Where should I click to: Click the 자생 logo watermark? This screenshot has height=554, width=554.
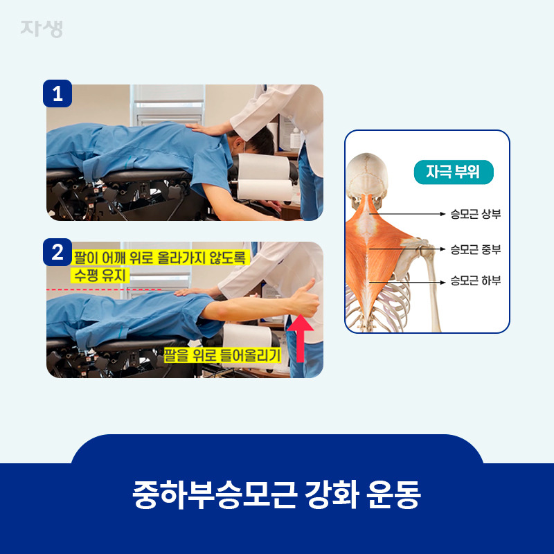[42, 28]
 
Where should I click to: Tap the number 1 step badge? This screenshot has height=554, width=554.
[57, 93]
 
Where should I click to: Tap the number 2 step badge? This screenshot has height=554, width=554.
[57, 252]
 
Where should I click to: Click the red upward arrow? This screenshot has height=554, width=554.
[300, 337]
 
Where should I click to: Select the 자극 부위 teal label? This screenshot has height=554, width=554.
[454, 172]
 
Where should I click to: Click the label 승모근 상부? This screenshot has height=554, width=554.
[476, 214]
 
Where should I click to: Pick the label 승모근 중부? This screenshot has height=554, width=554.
[476, 249]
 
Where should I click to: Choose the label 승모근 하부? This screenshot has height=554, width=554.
[476, 280]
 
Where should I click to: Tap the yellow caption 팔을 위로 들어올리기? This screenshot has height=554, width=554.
[222, 355]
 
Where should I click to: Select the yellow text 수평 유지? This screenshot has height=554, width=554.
[100, 275]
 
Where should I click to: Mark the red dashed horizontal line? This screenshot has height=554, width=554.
[105, 289]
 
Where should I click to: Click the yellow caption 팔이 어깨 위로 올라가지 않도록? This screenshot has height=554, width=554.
[161, 258]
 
